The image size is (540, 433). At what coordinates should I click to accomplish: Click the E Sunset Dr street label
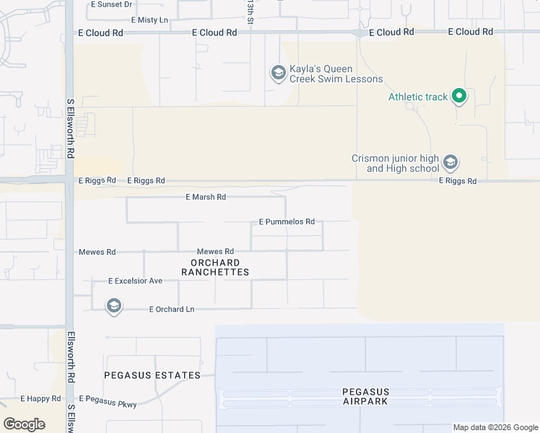point(112,4)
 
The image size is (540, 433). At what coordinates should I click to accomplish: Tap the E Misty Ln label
point(144,19)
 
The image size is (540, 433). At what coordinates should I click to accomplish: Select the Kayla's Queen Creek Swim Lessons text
point(336,74)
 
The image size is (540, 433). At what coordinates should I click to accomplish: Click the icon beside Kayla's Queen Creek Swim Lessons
point(278,73)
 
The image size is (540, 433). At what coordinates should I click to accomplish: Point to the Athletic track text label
point(418,97)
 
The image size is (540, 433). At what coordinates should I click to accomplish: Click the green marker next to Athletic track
point(458,96)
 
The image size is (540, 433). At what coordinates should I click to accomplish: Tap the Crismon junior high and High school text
point(395,163)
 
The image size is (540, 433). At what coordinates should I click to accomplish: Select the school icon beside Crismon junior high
point(451,162)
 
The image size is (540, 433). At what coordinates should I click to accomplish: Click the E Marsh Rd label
point(206,196)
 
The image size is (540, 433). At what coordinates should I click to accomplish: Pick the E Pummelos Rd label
point(287,222)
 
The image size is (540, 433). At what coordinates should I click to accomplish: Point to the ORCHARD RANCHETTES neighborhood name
point(215,267)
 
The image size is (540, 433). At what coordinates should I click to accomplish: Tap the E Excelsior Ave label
point(135,280)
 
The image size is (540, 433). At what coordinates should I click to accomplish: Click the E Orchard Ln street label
point(172,309)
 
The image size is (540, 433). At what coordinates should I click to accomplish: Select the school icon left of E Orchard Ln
point(113,307)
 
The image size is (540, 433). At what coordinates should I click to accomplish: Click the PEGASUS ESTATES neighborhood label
point(152,375)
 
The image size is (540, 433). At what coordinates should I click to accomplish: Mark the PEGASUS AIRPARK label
point(365,396)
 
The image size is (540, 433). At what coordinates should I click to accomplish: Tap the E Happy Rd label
point(40,398)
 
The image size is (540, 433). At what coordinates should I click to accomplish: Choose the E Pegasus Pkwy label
point(108,398)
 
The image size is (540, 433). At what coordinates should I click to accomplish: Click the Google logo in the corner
point(25,424)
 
